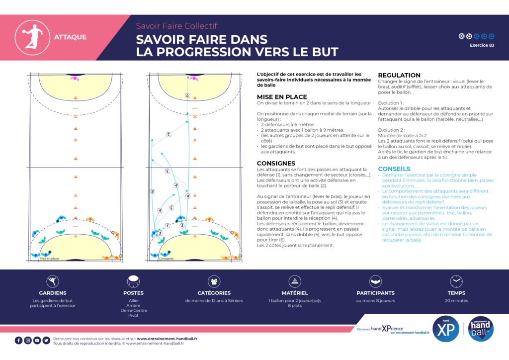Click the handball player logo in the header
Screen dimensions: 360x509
pyautogui.click(x=30, y=37)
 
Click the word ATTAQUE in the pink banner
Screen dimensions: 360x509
pyautogui.click(x=70, y=37)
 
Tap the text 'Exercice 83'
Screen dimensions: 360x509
pyautogui.click(x=482, y=45)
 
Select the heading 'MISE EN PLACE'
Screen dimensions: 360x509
pyautogui.click(x=282, y=97)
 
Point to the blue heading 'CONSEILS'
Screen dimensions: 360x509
pyautogui.click(x=394, y=169)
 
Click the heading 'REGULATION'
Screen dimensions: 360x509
pyautogui.click(x=399, y=76)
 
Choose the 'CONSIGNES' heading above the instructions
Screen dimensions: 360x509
pyautogui.click(x=276, y=163)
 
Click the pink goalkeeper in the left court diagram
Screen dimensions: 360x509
pyautogui.click(x=76, y=78)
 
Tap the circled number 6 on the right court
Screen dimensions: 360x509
pyautogui.click(x=187, y=95)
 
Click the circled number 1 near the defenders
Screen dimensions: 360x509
pyautogui.click(x=168, y=226)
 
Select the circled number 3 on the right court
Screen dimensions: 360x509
pyautogui.click(x=160, y=232)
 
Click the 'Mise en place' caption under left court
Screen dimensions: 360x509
pyautogui.click(x=49, y=259)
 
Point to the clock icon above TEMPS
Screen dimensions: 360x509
pyautogui.click(x=456, y=281)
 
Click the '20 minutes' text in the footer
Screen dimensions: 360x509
pyautogui.click(x=456, y=301)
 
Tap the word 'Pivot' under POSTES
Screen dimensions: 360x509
pyautogui.click(x=133, y=315)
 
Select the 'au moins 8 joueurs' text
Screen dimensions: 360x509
pyautogui.click(x=375, y=301)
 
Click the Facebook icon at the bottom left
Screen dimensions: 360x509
pyautogui.click(x=18, y=340)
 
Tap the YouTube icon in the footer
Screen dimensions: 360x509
pyautogui.click(x=37, y=340)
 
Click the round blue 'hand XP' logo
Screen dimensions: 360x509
pyautogui.click(x=445, y=329)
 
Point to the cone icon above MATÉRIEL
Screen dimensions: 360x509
pyautogui.click(x=295, y=281)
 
